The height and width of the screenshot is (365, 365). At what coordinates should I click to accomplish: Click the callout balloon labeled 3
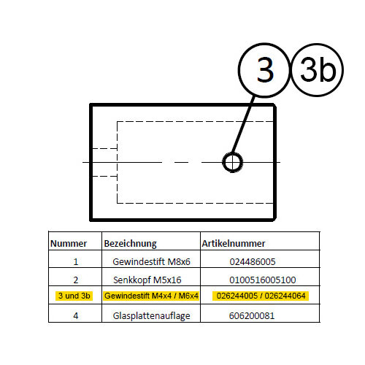click(x=239, y=70)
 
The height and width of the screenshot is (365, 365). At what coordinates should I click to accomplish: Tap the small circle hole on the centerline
click(x=223, y=162)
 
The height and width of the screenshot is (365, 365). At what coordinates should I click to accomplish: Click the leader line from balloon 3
click(x=242, y=125)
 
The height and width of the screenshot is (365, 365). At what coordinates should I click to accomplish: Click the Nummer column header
click(x=69, y=243)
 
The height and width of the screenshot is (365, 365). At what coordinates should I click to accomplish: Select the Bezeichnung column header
click(x=130, y=244)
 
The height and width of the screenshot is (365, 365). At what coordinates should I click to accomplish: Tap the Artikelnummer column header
click(x=234, y=243)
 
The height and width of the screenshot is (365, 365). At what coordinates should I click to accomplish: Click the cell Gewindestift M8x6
click(x=151, y=261)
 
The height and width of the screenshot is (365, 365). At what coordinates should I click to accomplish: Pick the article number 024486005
click(x=253, y=261)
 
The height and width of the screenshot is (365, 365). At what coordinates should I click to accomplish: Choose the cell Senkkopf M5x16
click(x=147, y=280)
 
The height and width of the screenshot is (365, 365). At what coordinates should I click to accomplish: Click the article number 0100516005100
click(x=263, y=280)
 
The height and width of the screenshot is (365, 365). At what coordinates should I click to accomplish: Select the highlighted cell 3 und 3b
click(x=74, y=296)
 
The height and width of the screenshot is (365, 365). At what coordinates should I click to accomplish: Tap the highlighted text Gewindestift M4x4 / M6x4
click(x=151, y=296)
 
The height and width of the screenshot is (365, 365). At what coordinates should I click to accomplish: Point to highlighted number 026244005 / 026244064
click(x=261, y=296)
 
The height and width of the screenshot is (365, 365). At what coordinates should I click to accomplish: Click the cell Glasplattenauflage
click(x=151, y=316)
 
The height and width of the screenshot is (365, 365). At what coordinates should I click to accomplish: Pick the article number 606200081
click(x=252, y=315)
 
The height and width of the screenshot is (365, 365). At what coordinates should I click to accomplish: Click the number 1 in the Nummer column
click(x=76, y=261)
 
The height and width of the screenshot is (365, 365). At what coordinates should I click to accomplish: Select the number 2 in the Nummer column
click(x=76, y=280)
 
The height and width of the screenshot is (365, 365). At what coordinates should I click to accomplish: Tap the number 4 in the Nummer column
click(x=76, y=315)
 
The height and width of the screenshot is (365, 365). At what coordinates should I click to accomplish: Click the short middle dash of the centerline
click(x=181, y=162)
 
